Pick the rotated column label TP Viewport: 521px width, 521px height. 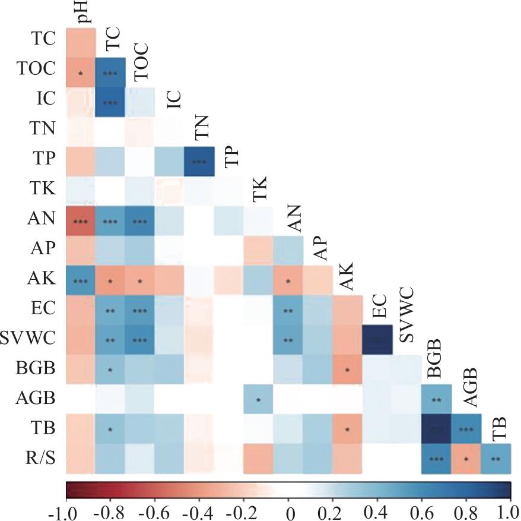[230, 156]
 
